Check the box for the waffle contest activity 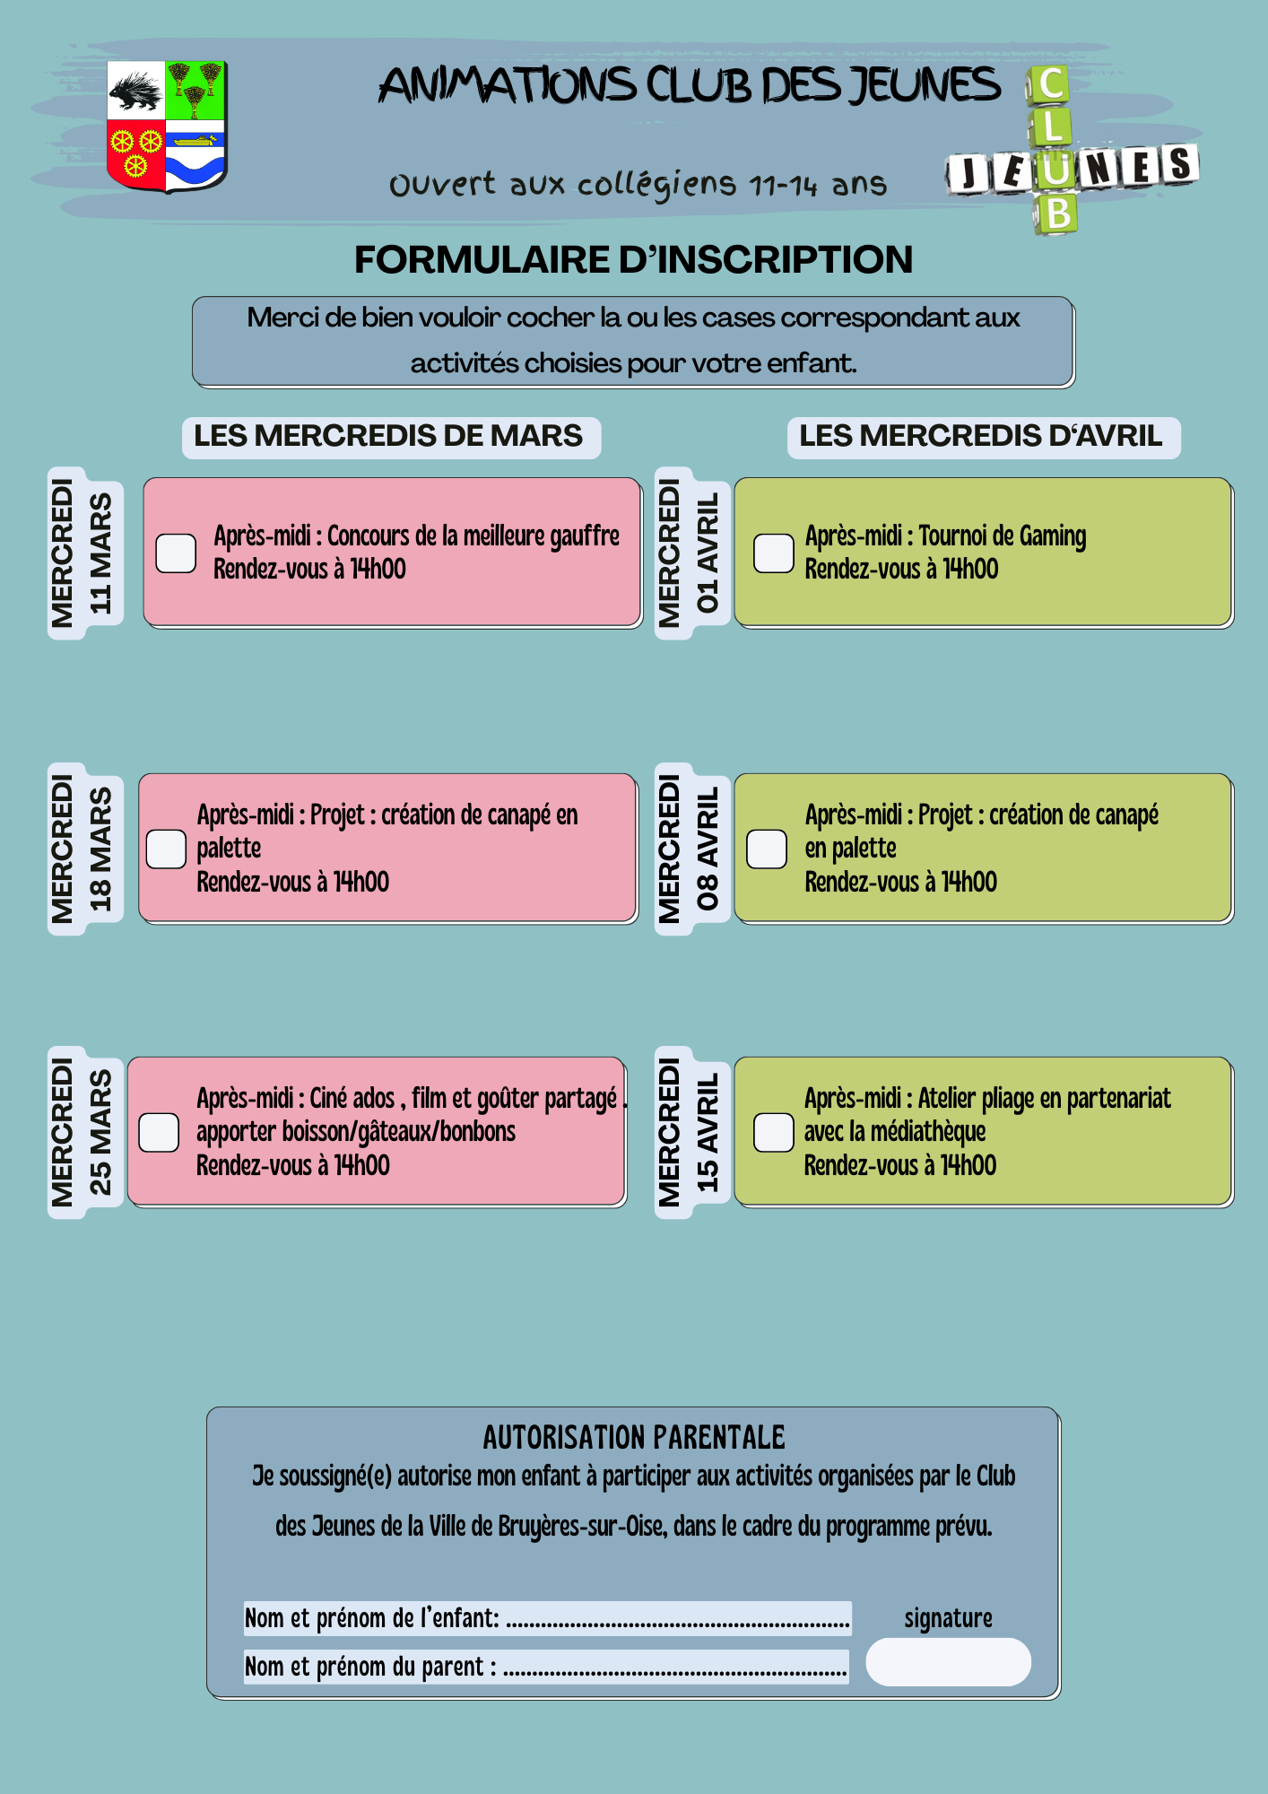176,553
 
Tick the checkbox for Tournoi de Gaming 773,553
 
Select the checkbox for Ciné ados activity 159,1132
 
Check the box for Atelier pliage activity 773,1132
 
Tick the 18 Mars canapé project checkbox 166,849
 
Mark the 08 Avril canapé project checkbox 767,849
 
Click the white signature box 948,1662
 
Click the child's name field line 677,1619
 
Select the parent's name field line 674,1668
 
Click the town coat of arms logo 167,126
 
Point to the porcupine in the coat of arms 135,91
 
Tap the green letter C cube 1049,85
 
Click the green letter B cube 1058,214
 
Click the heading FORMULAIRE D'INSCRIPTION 633,260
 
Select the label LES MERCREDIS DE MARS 389,437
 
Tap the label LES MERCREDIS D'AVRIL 982,437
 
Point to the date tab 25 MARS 85,1132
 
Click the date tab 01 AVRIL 690,553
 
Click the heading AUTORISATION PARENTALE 633,1438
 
